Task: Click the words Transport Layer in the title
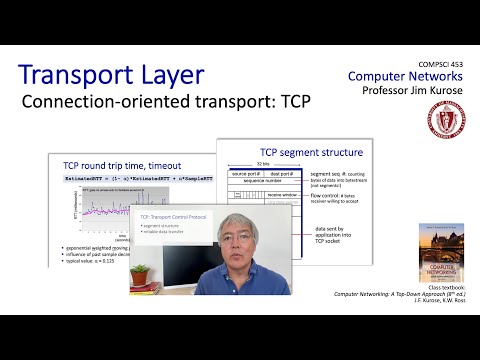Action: coord(111,75)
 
